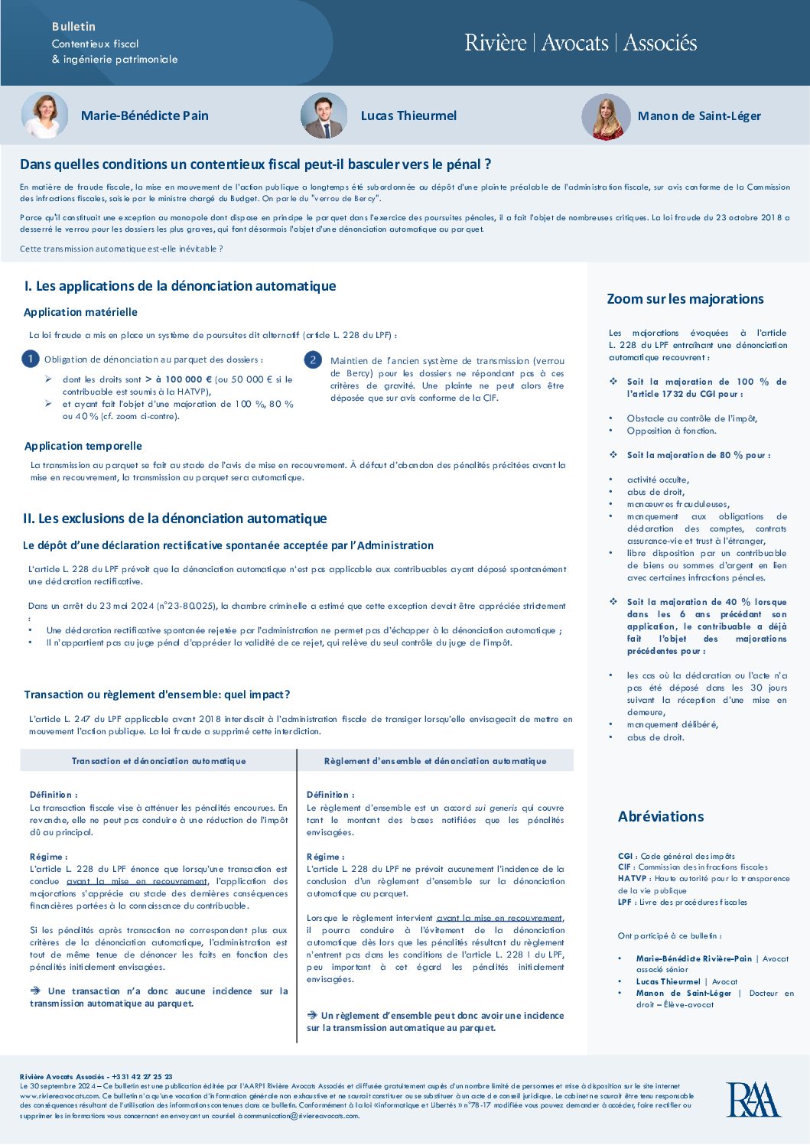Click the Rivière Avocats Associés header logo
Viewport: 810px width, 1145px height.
pos(581,43)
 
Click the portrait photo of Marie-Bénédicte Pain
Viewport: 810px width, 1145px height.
pos(44,115)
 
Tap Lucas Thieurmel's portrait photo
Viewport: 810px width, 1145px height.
pos(324,115)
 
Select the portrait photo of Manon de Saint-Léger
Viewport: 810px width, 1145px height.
pos(606,116)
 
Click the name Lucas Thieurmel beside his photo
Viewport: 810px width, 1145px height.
pos(408,115)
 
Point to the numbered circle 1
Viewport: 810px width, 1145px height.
pos(31,359)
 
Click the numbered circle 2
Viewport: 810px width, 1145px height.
pos(312,359)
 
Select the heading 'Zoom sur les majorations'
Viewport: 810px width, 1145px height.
pos(685,299)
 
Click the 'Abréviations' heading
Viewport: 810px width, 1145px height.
pos(661,816)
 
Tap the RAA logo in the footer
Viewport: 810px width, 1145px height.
pos(753,1100)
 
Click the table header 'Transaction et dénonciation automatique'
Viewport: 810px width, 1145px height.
pos(159,761)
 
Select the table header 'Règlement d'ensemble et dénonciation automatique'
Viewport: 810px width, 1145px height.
pos(435,761)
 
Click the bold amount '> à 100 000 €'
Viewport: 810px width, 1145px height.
pos(178,379)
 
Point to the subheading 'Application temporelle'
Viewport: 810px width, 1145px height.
pos(83,446)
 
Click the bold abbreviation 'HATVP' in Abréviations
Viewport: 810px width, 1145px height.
pos(633,879)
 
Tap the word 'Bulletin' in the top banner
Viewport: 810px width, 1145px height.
pos(73,27)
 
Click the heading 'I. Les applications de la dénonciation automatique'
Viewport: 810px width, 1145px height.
pos(181,286)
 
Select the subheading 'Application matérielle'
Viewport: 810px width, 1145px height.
pos(80,312)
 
